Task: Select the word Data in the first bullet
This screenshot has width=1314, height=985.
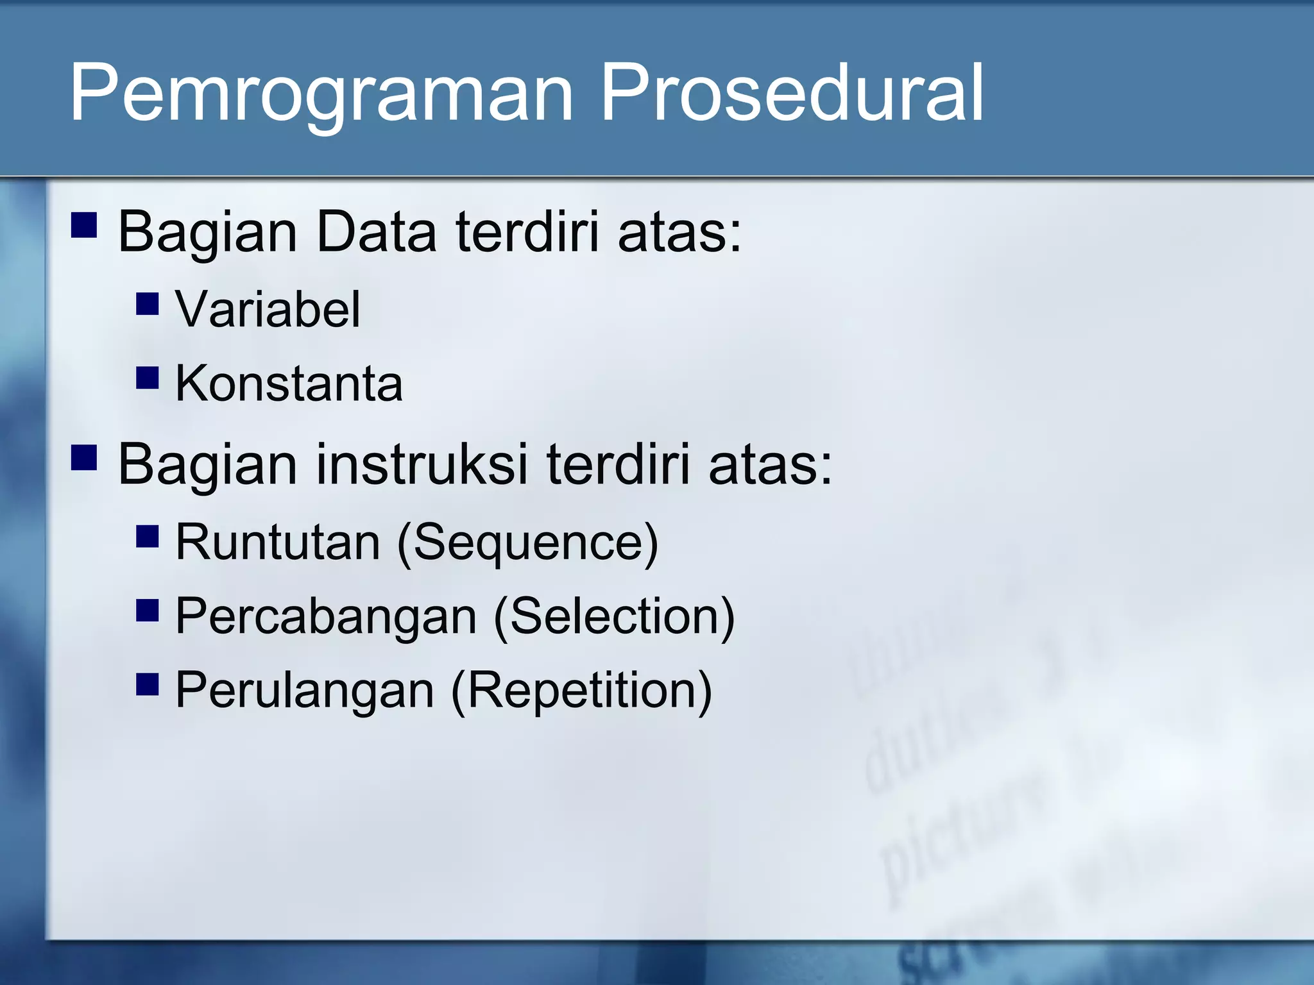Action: (x=376, y=232)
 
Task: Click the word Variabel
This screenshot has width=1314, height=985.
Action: (x=268, y=310)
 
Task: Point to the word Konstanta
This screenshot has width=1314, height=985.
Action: (x=289, y=384)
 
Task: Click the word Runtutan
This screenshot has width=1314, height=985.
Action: (x=278, y=543)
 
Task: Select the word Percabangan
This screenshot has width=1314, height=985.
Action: (x=326, y=617)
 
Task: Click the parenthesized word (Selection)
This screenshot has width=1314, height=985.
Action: (x=614, y=617)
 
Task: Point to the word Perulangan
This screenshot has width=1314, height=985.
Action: (x=305, y=691)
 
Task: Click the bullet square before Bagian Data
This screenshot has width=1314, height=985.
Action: (x=84, y=226)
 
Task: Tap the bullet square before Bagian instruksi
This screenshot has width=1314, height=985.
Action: (x=84, y=459)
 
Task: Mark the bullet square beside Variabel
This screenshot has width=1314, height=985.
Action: (x=148, y=303)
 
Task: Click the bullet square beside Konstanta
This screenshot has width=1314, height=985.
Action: (x=148, y=378)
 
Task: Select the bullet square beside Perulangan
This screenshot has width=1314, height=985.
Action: (x=148, y=684)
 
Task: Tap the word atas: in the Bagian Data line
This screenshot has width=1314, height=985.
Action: (x=679, y=232)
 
